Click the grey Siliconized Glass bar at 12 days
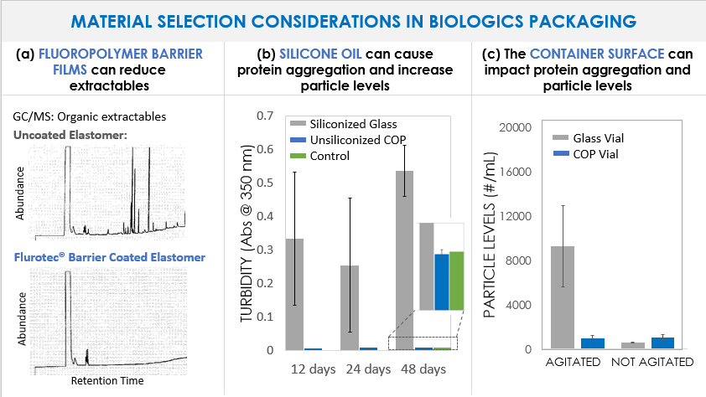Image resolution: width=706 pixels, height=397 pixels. coord(294,294)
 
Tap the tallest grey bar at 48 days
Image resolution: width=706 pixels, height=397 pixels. coord(405,260)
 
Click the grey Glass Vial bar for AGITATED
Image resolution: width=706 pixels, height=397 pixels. coord(562,297)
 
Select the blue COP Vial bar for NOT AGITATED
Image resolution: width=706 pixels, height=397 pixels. coord(663,343)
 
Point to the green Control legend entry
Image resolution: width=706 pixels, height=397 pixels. coord(328,156)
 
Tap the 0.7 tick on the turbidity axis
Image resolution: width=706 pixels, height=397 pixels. coord(267,116)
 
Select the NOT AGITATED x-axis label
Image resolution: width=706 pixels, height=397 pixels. coord(652,363)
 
